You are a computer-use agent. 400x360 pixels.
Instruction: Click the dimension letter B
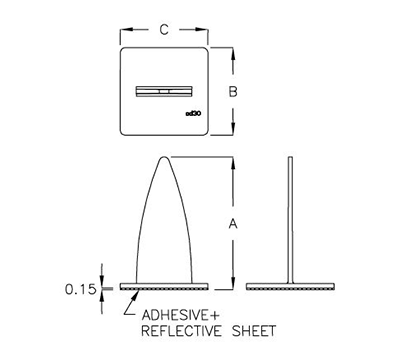[232, 91]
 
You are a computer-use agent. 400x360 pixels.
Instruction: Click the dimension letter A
[232, 223]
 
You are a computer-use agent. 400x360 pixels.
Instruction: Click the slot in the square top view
[163, 91]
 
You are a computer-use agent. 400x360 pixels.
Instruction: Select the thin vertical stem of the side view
[289, 220]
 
